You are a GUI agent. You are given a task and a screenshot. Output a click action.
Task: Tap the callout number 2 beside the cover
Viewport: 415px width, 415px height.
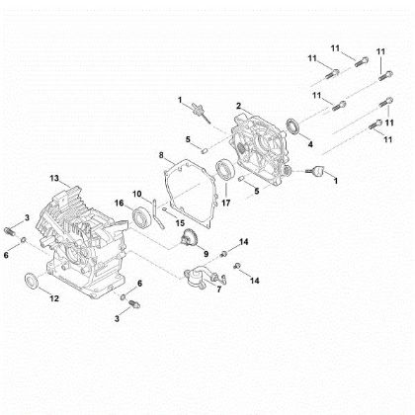[238, 105]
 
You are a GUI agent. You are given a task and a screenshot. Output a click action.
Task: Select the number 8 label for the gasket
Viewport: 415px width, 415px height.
[160, 155]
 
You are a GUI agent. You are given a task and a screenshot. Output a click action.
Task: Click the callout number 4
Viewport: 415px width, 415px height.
[309, 144]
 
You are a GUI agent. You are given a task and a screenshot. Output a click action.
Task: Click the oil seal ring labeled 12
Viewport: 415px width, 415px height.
[33, 281]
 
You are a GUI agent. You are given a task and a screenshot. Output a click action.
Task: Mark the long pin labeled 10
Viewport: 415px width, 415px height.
[158, 211]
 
